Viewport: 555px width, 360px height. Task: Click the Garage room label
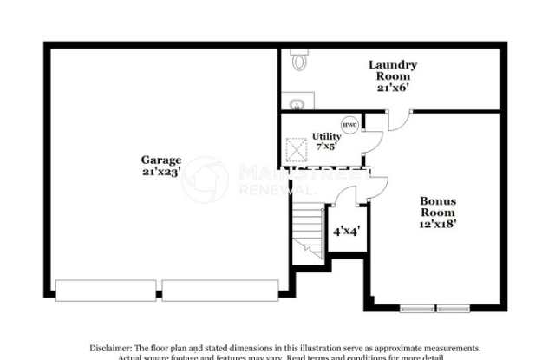tap(162, 160)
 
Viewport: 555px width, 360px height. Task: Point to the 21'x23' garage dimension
tap(162, 172)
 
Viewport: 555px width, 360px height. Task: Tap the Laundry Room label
tap(393, 70)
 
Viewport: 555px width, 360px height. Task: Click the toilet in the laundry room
tap(299, 60)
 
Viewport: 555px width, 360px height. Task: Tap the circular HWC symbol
tap(349, 125)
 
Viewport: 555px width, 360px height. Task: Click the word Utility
tap(327, 136)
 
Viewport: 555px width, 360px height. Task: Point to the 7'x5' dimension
tap(327, 147)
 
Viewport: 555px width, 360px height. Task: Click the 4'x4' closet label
tap(346, 232)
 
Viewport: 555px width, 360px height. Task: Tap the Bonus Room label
tap(438, 206)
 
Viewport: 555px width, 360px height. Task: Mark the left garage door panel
tap(107, 291)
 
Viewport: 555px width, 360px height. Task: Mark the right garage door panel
tap(221, 291)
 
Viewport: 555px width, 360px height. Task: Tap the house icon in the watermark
tap(205, 179)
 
